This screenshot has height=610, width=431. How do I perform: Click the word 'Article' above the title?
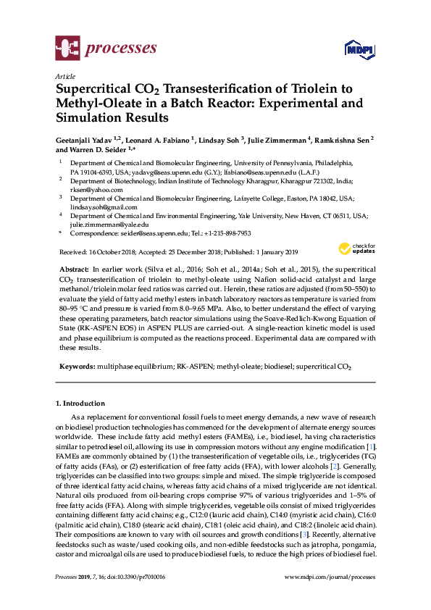click(x=64, y=75)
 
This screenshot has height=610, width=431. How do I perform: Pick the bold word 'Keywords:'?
click(x=77, y=367)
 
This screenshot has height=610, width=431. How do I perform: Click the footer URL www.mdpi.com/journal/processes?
click(x=332, y=597)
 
